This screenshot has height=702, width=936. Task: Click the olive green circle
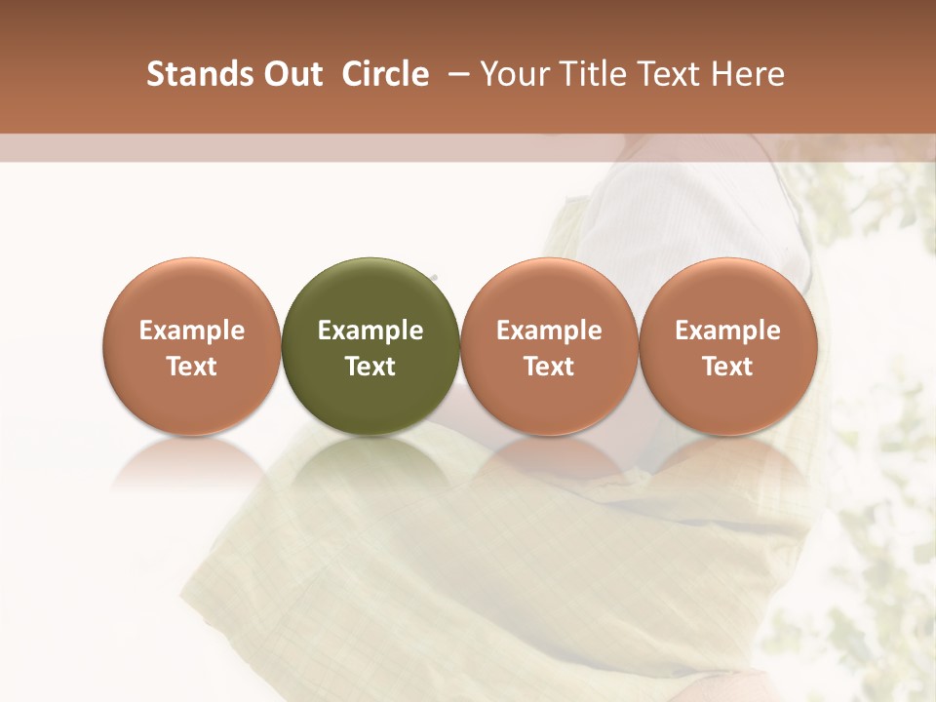click(x=370, y=346)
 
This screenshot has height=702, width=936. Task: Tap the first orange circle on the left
click(x=191, y=346)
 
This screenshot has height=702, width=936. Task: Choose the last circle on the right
click(x=728, y=346)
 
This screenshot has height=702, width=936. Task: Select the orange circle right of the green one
click(x=549, y=346)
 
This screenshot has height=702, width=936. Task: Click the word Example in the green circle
click(x=370, y=331)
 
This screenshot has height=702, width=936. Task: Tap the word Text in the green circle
click(x=370, y=367)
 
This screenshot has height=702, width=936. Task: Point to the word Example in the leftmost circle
click(x=191, y=331)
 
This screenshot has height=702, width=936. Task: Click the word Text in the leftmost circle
click(x=191, y=367)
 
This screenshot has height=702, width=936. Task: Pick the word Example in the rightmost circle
click(x=728, y=331)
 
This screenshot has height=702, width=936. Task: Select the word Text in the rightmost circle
click(x=728, y=367)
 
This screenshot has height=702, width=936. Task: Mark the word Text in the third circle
click(x=549, y=367)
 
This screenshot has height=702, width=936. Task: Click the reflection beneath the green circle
click(x=370, y=463)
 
